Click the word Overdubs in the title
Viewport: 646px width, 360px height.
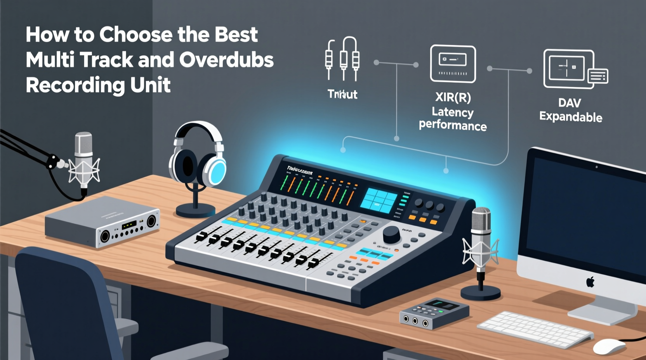coord(226,60)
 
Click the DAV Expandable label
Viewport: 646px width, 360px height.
coord(570,110)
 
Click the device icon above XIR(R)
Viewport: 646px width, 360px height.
coord(453,64)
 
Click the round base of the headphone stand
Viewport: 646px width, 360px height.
coord(196,210)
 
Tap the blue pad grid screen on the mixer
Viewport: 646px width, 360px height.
coord(379,200)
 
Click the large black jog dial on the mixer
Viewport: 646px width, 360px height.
coord(391,234)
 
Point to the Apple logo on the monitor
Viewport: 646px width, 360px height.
coord(590,282)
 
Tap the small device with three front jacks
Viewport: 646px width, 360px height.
coord(434,313)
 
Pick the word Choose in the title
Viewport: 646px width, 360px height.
coord(136,35)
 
